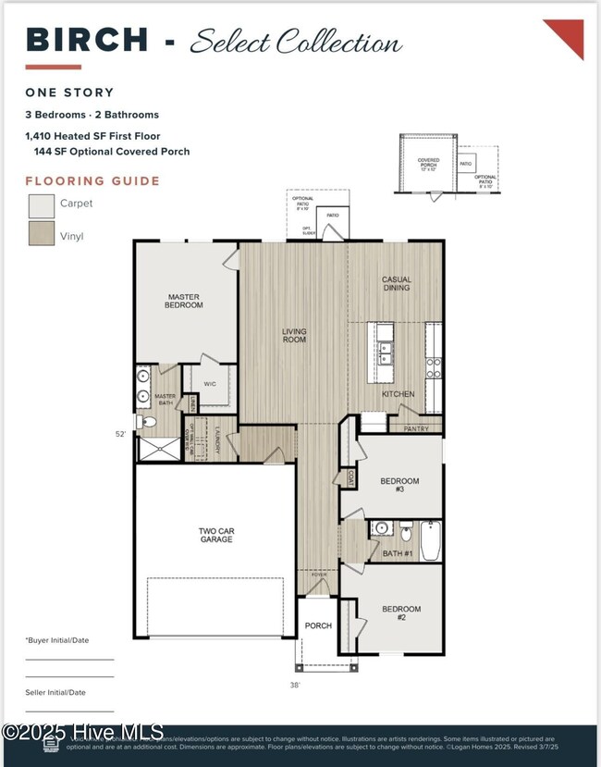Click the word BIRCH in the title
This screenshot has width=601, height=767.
pyautogui.click(x=88, y=40)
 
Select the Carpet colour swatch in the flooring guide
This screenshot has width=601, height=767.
pyautogui.click(x=42, y=204)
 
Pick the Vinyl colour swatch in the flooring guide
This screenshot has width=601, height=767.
pyautogui.click(x=42, y=235)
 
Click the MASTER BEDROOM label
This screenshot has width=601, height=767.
pyautogui.click(x=183, y=301)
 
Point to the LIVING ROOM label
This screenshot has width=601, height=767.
pyautogui.click(x=294, y=335)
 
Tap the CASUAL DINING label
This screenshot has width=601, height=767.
pyautogui.click(x=397, y=284)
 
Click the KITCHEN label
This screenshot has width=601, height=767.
pyautogui.click(x=399, y=394)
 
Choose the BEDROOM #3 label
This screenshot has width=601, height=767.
pyautogui.click(x=399, y=486)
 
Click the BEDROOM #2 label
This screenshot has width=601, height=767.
pyautogui.click(x=401, y=613)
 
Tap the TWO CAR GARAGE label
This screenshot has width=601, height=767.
pyautogui.click(x=216, y=537)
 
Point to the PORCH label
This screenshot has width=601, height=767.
pyautogui.click(x=318, y=625)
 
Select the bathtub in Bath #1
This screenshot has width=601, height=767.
pyautogui.click(x=431, y=541)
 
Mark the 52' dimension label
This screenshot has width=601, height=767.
pyautogui.click(x=121, y=433)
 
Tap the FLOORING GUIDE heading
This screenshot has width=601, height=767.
pyautogui.click(x=92, y=181)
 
